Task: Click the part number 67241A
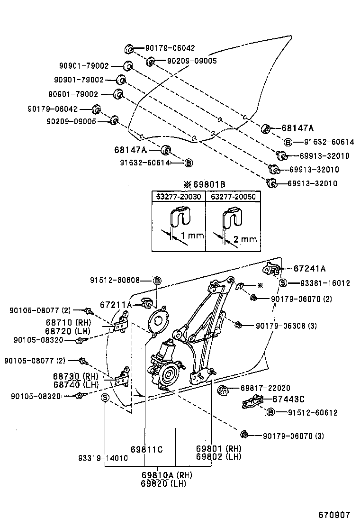pyautogui.click(x=309, y=269)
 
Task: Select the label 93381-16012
pyautogui.click(x=325, y=283)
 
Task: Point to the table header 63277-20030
pyautogui.click(x=178, y=196)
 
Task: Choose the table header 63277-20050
pyautogui.click(x=232, y=196)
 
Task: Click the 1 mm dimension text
pyautogui.click(x=191, y=236)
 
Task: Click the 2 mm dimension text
pyautogui.click(x=245, y=239)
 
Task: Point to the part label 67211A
pyautogui.click(x=116, y=305)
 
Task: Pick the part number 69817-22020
pyautogui.click(x=265, y=388)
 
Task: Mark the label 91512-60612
pyautogui.click(x=313, y=413)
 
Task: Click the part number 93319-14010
pyautogui.click(x=103, y=458)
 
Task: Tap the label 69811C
pyautogui.click(x=147, y=449)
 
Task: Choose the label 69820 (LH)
pyautogui.click(x=163, y=483)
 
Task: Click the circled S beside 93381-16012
pyautogui.click(x=283, y=283)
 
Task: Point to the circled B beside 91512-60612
pyautogui.click(x=271, y=412)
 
